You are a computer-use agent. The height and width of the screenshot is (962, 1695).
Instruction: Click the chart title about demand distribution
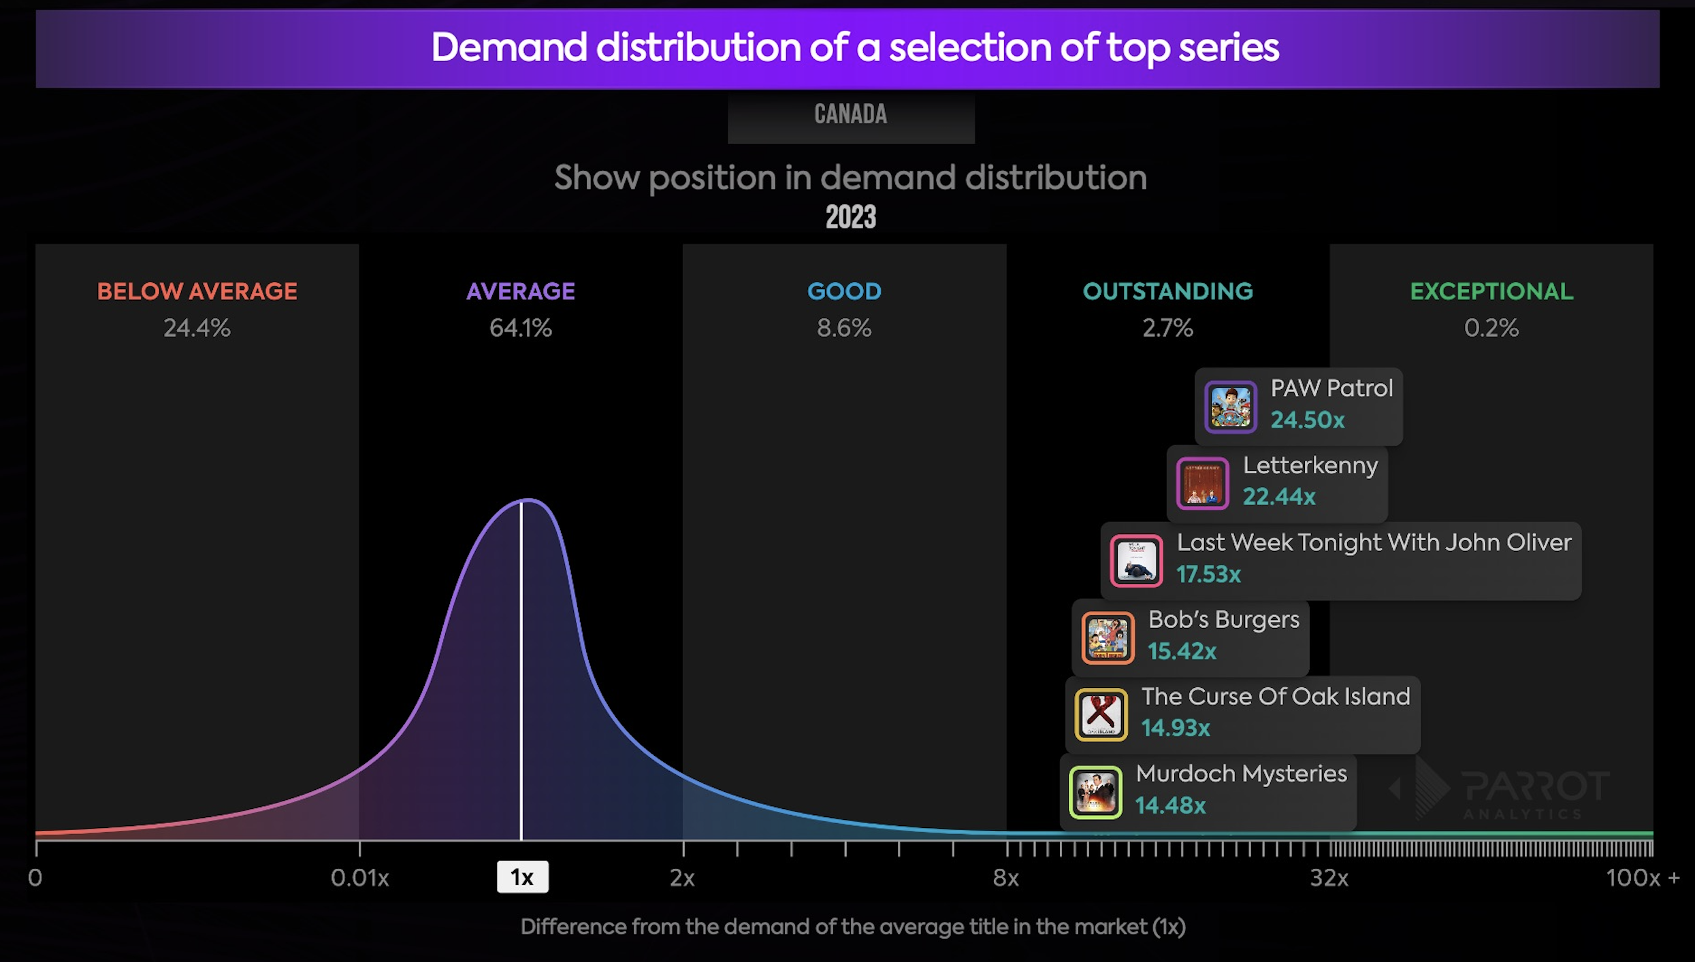point(855,48)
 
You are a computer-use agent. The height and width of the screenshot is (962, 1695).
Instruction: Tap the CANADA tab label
point(850,114)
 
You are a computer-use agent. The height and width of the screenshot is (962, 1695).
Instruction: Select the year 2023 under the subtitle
point(850,218)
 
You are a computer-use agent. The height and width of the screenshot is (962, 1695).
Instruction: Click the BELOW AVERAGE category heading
point(197,291)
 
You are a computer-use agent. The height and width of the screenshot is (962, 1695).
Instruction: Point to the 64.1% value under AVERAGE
point(520,328)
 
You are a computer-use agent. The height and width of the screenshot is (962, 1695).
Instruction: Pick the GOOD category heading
point(844,291)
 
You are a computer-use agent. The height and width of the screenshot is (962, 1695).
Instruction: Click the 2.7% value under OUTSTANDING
point(1167,328)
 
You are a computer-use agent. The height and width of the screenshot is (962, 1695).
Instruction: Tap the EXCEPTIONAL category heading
point(1491,291)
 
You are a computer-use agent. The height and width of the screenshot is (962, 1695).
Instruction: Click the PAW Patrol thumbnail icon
point(1230,407)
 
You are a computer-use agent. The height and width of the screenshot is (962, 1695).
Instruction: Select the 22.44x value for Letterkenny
point(1279,497)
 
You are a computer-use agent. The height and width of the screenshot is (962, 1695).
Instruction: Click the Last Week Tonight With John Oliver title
point(1374,542)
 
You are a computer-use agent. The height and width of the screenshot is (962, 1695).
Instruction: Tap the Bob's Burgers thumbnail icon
point(1108,638)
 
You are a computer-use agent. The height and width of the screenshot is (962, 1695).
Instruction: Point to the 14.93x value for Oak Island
point(1176,728)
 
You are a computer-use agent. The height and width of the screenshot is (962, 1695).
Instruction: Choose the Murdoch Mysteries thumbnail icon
point(1095,793)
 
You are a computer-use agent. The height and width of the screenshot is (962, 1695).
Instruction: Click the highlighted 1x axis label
point(522,877)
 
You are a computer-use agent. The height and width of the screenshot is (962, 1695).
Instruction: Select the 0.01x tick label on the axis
point(359,878)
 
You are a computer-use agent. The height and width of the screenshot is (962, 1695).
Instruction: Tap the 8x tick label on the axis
point(1005,878)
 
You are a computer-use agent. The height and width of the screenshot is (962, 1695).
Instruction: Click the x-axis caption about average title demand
point(853,927)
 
